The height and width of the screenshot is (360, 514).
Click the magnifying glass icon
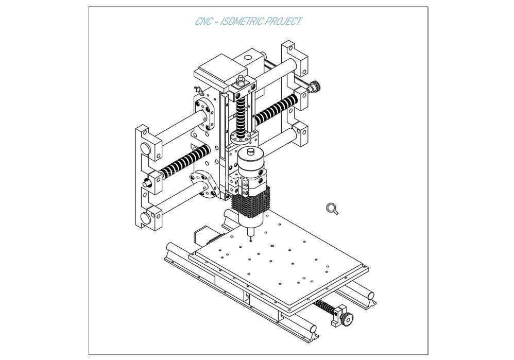coord(332,209)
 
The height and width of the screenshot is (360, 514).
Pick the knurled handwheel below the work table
coord(347,318)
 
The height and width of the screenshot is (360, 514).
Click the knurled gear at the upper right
coord(315,86)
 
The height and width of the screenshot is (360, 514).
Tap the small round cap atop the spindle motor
coord(252,151)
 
